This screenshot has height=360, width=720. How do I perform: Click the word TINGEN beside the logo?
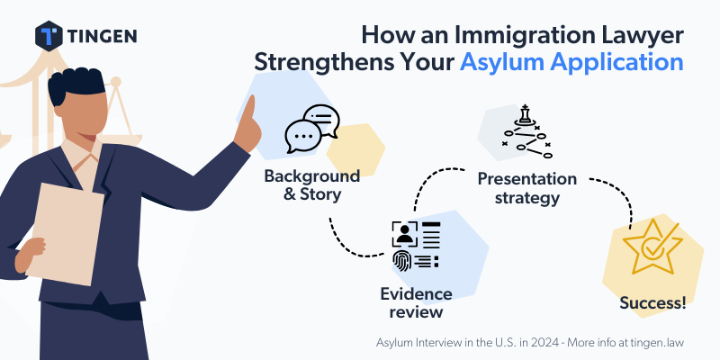point(102,36)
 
